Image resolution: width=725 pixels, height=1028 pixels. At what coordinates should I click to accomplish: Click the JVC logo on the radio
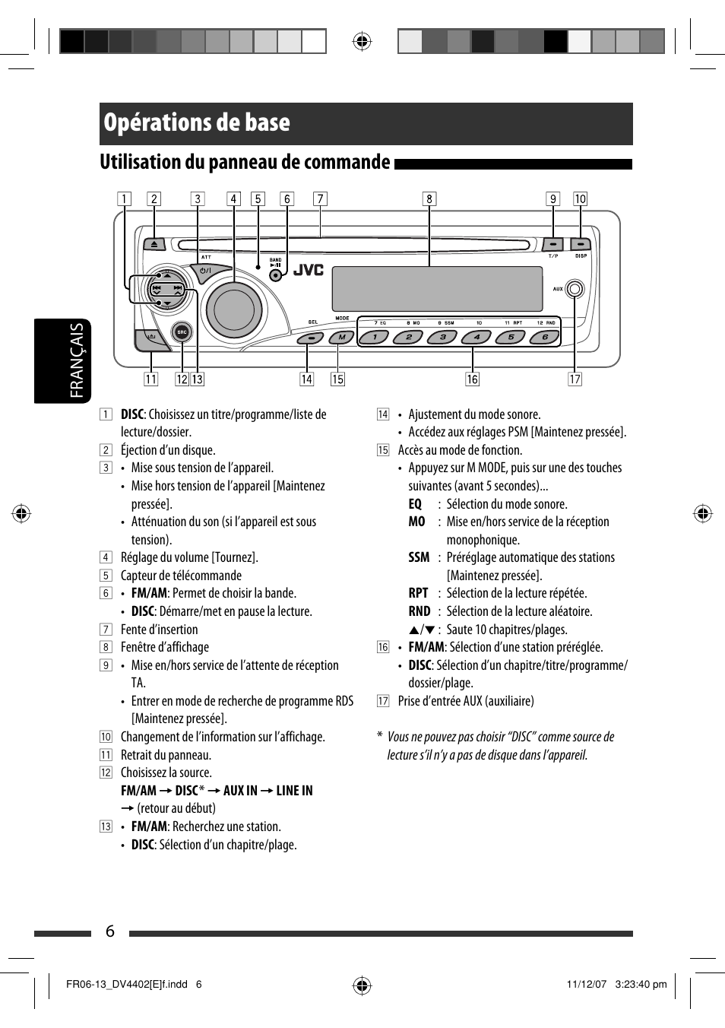(x=309, y=270)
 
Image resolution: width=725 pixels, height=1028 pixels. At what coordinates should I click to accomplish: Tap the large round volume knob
(x=234, y=309)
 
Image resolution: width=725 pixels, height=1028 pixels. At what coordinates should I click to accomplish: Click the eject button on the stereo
(x=154, y=244)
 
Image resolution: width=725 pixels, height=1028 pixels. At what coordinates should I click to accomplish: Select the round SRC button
(x=182, y=332)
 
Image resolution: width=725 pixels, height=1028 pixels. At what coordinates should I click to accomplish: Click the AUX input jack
(x=575, y=289)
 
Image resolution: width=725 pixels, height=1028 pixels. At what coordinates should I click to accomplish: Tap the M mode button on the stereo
(x=342, y=338)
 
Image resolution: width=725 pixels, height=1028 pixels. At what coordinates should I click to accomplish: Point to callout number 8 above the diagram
(x=429, y=199)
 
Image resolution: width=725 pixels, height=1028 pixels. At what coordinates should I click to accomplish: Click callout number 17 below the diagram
(x=575, y=379)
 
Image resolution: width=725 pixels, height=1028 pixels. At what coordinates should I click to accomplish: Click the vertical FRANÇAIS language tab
(x=76, y=360)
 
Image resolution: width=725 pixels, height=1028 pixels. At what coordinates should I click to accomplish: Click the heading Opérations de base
(x=197, y=123)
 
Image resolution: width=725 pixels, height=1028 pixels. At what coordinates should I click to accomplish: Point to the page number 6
(x=110, y=931)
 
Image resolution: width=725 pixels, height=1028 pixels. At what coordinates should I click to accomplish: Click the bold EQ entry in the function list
(x=415, y=504)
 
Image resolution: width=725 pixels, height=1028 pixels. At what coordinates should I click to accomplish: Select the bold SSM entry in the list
(x=419, y=557)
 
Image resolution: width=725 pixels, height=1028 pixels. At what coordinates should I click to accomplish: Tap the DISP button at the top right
(x=581, y=245)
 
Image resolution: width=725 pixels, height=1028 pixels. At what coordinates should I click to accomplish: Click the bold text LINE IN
(x=294, y=791)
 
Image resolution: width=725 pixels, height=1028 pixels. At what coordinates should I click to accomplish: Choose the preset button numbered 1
(x=375, y=337)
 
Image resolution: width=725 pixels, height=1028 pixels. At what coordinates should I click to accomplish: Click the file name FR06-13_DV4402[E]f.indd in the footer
(x=127, y=984)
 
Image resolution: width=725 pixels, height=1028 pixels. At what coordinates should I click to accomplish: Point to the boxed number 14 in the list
(x=383, y=414)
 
